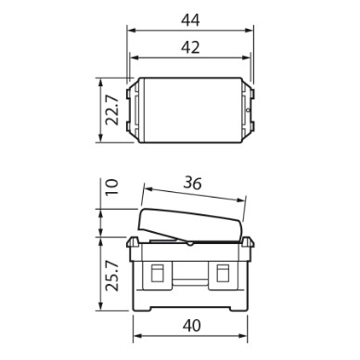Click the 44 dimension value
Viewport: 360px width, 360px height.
pyautogui.click(x=190, y=20)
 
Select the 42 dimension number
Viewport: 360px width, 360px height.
pyautogui.click(x=190, y=47)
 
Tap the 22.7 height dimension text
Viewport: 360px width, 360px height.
pyautogui.click(x=112, y=109)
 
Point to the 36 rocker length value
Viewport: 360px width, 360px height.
pyautogui.click(x=192, y=183)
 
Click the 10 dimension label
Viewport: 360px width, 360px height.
pyautogui.click(x=113, y=186)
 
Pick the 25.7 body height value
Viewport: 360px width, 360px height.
pyautogui.click(x=112, y=276)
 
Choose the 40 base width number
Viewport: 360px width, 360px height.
pyautogui.click(x=191, y=326)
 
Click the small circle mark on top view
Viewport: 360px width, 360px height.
pyautogui.click(x=247, y=109)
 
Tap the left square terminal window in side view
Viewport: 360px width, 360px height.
pyautogui.click(x=158, y=273)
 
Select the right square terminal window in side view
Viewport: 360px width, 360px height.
pyautogui.click(x=223, y=273)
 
